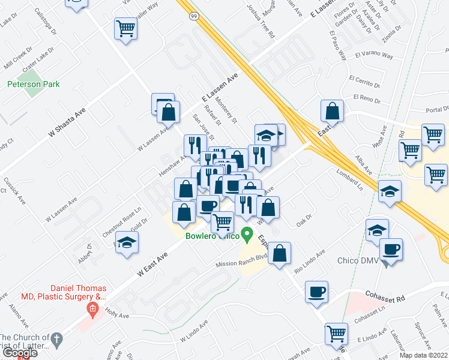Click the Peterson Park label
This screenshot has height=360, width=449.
coord(33,85)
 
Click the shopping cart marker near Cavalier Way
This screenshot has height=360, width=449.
coord(126,28)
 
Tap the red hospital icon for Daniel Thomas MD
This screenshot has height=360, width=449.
coord(92,310)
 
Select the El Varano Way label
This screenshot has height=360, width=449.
coord(373,56)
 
